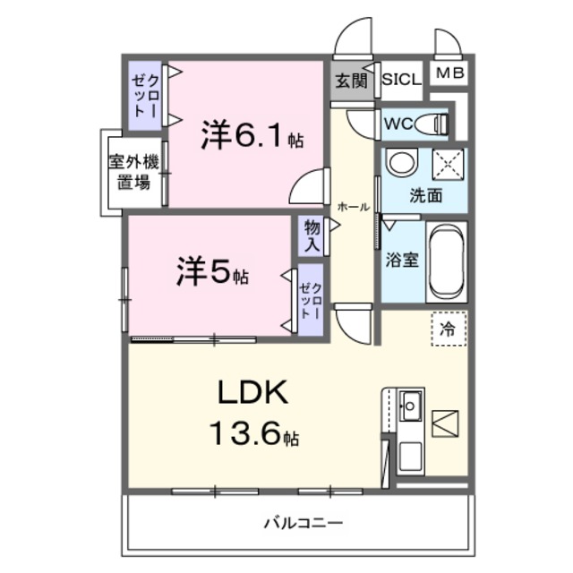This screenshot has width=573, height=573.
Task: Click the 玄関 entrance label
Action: click(x=351, y=81)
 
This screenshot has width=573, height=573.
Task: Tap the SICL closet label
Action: click(x=401, y=79)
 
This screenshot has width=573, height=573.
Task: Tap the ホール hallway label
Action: click(x=353, y=207)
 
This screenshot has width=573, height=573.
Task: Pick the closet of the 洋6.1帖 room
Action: click(x=145, y=93)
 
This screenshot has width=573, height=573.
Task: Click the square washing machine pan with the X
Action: click(x=447, y=165)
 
